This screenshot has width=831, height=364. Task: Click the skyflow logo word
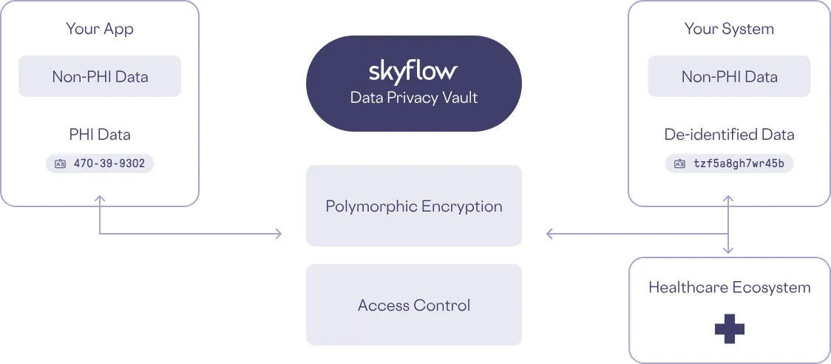click(413, 72)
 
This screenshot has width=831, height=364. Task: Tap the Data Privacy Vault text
click(413, 98)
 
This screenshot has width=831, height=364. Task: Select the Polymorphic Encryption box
click(413, 206)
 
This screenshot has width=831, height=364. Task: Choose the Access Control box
click(413, 305)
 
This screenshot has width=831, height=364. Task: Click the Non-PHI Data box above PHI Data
click(100, 77)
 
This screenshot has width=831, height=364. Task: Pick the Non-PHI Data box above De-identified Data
click(730, 77)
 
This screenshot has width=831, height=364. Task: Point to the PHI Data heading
click(100, 135)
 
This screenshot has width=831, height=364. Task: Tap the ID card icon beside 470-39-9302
click(61, 164)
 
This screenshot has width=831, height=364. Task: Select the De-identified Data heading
click(730, 135)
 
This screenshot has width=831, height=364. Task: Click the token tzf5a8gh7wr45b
click(738, 164)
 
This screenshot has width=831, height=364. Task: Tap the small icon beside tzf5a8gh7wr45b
click(680, 164)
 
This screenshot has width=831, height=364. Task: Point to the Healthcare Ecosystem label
click(730, 287)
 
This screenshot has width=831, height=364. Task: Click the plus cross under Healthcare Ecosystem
click(730, 328)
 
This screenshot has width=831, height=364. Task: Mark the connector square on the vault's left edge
click(278, 235)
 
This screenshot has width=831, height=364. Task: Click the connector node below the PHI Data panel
click(96, 200)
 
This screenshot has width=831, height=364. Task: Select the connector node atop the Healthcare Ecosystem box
click(730, 249)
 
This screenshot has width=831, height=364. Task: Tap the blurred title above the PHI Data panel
click(100, 29)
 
